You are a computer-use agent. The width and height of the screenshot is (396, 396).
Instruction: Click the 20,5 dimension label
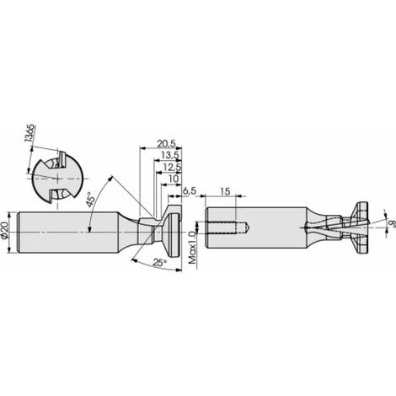166,144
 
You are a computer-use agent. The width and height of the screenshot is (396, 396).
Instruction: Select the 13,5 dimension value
170,155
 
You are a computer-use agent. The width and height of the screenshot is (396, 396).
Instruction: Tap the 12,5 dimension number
172,167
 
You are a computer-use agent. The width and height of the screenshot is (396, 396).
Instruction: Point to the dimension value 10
174,179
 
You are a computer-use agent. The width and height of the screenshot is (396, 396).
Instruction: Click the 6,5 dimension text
190,191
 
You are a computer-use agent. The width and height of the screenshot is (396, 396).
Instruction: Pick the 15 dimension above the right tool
225,191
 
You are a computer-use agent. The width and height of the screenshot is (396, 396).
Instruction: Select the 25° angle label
159,263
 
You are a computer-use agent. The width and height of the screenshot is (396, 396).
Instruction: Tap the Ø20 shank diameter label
5,230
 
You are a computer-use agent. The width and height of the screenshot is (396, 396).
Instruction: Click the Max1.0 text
193,248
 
